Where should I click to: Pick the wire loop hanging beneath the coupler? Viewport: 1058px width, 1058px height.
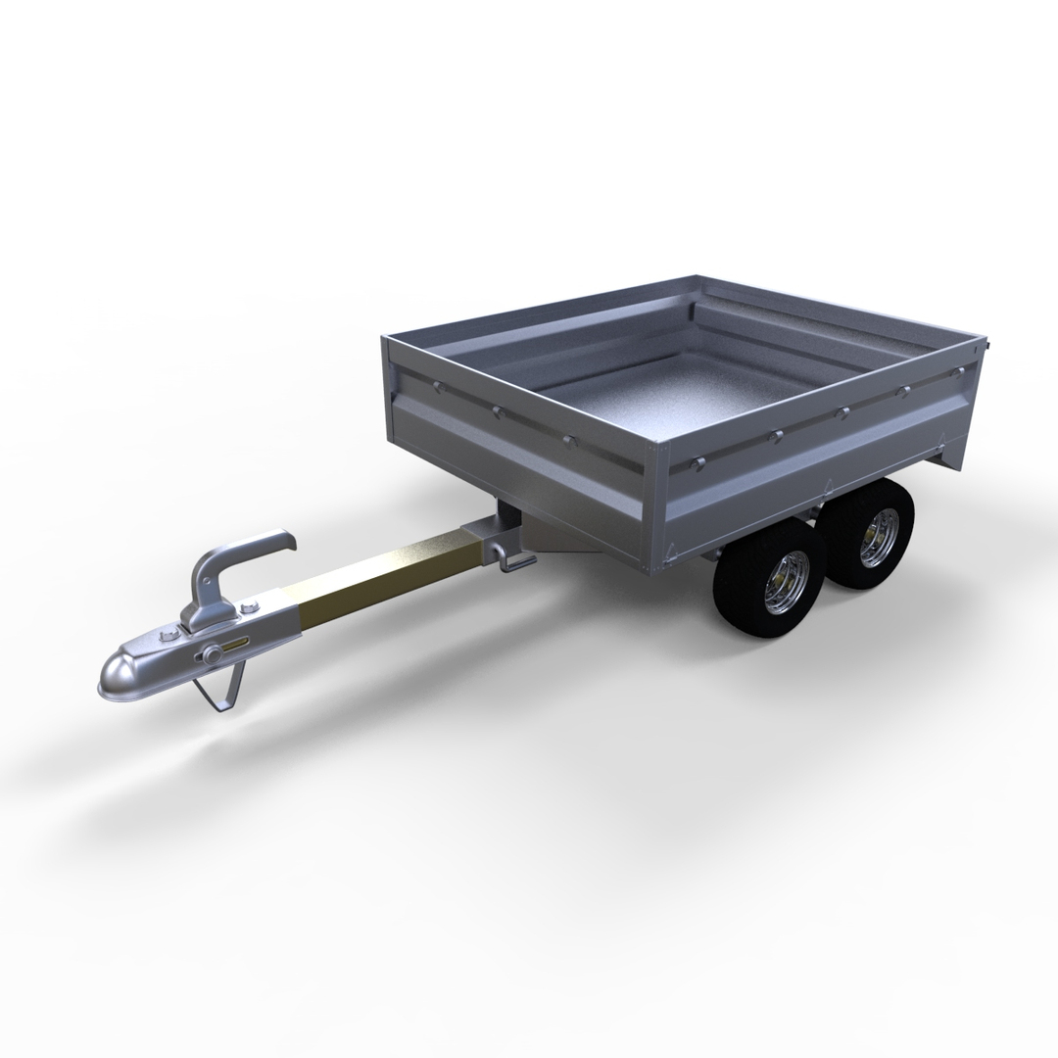221,692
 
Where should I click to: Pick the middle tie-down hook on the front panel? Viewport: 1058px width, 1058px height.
497,411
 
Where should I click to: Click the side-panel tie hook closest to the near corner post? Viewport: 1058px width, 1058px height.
697,460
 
